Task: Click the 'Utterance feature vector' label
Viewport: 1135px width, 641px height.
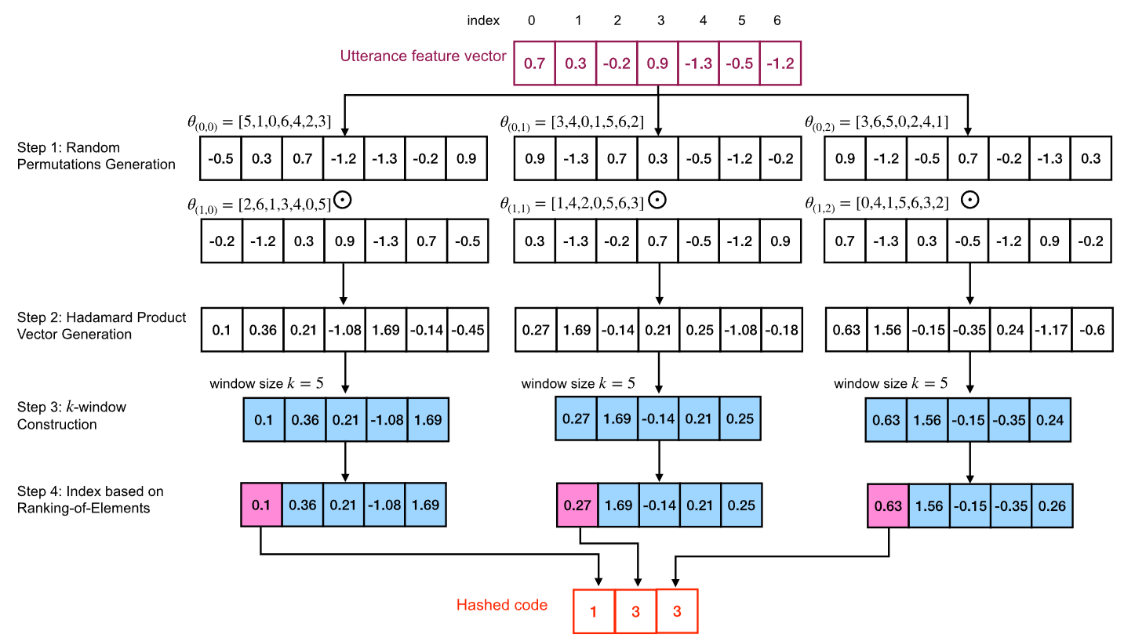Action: pos(423,56)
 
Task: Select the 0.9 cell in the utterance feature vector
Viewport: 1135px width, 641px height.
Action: pos(657,63)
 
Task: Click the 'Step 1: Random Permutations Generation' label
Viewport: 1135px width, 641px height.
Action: pos(96,156)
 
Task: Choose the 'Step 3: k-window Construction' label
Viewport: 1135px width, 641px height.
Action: pos(71,415)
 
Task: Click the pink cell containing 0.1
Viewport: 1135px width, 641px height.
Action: pos(261,505)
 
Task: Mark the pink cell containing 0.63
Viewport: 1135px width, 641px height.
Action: pos(888,505)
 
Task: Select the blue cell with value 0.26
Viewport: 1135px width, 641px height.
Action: pos(1051,505)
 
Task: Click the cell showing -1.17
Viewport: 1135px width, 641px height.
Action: pos(1051,330)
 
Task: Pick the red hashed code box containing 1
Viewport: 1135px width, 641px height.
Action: pos(593,610)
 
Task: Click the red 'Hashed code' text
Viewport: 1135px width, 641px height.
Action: pos(502,605)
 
